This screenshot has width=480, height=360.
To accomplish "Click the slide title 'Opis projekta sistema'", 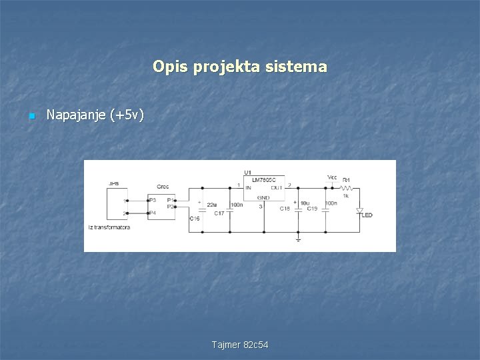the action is (239, 67).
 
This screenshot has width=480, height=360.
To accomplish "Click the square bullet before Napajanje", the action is (31, 117).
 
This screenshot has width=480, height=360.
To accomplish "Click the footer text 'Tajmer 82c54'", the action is (240, 345).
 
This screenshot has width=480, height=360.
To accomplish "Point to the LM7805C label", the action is (264, 180).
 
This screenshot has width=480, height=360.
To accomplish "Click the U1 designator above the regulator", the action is (248, 173).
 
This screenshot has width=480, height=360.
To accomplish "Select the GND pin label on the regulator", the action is (263, 197).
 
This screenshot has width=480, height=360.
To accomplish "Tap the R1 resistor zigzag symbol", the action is (347, 187).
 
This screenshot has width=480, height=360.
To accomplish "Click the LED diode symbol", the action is (359, 211).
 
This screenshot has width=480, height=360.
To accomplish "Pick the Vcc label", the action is (332, 177).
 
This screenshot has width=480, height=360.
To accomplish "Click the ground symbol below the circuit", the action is (298, 237).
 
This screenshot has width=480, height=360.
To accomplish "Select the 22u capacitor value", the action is (211, 204).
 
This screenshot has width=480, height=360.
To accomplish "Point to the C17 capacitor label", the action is (219, 213).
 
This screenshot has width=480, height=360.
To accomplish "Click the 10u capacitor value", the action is (304, 203).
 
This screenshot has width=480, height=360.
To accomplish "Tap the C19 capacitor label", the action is (312, 209).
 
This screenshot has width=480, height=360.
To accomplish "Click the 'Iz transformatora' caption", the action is (109, 227).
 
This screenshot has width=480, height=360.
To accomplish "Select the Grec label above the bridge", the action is (163, 186).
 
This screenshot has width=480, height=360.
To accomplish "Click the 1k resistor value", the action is (346, 195).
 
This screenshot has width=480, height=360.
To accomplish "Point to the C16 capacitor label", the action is (195, 218).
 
